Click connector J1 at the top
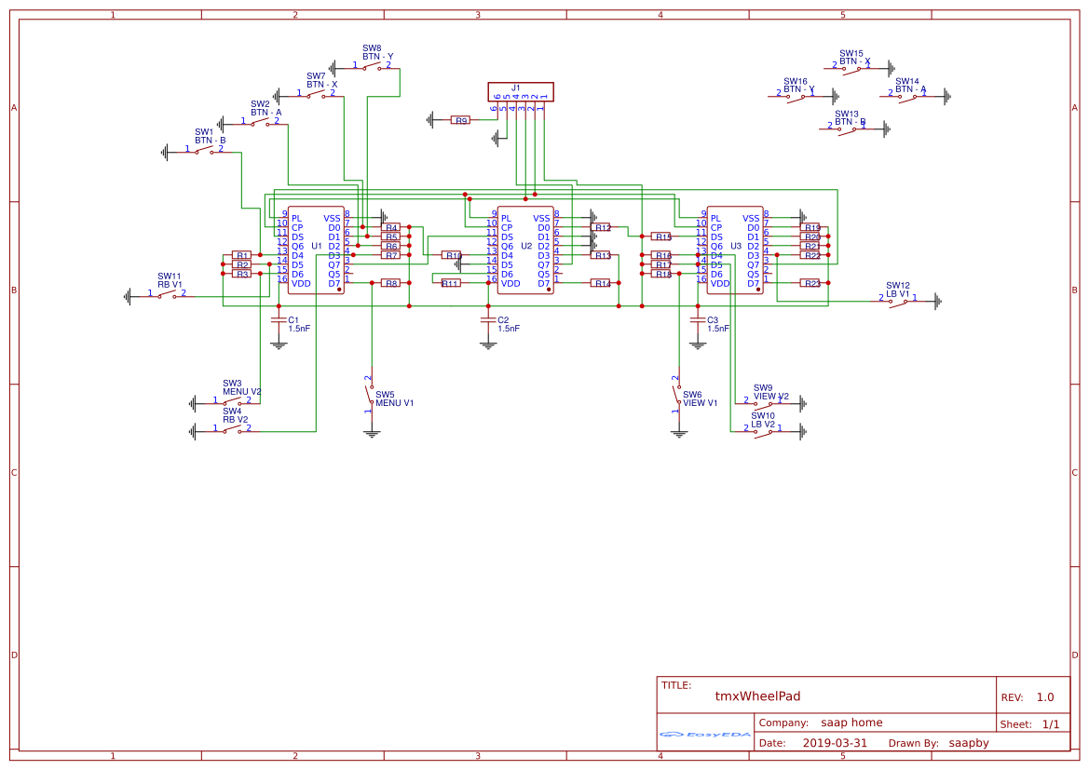pyautogui.click(x=521, y=91)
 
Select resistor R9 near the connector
pyautogui.click(x=460, y=120)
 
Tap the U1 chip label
pyautogui.click(x=317, y=246)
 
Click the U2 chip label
pyautogui.click(x=526, y=246)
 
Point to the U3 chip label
pyautogui.click(x=736, y=246)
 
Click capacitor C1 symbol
pyautogui.click(x=278, y=319)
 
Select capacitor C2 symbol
pyautogui.click(x=487, y=319)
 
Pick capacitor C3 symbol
pyautogui.click(x=697, y=319)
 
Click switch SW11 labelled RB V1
pyautogui.click(x=168, y=294)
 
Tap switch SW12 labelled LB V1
pyautogui.click(x=898, y=300)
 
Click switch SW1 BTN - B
pyautogui.click(x=204, y=150)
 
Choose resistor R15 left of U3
pyautogui.click(x=661, y=236)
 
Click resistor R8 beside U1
pyautogui.click(x=391, y=283)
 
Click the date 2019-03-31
pyautogui.click(x=835, y=743)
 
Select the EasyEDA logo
pyautogui.click(x=705, y=735)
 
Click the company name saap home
pyautogui.click(x=851, y=723)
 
